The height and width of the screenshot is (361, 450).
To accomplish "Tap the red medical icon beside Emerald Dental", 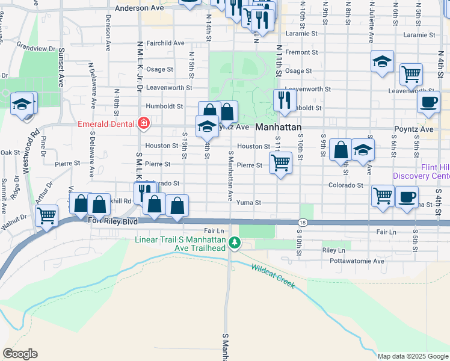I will click(x=143, y=125).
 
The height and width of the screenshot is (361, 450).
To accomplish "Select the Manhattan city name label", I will click(x=278, y=128).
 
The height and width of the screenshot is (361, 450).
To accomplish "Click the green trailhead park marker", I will click(x=236, y=244).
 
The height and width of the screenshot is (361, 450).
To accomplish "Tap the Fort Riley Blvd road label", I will click(x=113, y=221).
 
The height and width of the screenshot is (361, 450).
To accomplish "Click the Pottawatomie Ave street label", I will click(x=357, y=261).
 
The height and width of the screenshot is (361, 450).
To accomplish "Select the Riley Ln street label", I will click(x=334, y=250).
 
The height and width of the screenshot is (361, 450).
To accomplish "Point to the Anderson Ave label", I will click(x=139, y=8).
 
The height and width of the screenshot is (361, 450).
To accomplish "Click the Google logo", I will click(x=20, y=354).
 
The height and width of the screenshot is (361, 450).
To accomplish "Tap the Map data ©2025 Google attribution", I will click(x=412, y=356).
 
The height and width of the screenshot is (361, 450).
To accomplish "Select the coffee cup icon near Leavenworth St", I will click(x=428, y=102).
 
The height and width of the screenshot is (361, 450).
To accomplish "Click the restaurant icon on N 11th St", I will click(x=284, y=100).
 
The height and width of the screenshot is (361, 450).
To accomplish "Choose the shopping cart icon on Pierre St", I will click(x=281, y=162).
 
